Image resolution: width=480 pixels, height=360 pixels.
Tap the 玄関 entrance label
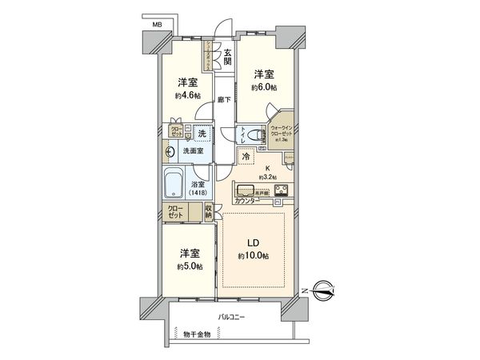click(x=227, y=58)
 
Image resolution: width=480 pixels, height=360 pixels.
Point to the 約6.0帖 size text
click(x=264, y=86)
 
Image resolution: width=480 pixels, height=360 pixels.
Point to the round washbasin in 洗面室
click(x=171, y=151)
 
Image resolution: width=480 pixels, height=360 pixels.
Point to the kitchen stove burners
click(x=282, y=190)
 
